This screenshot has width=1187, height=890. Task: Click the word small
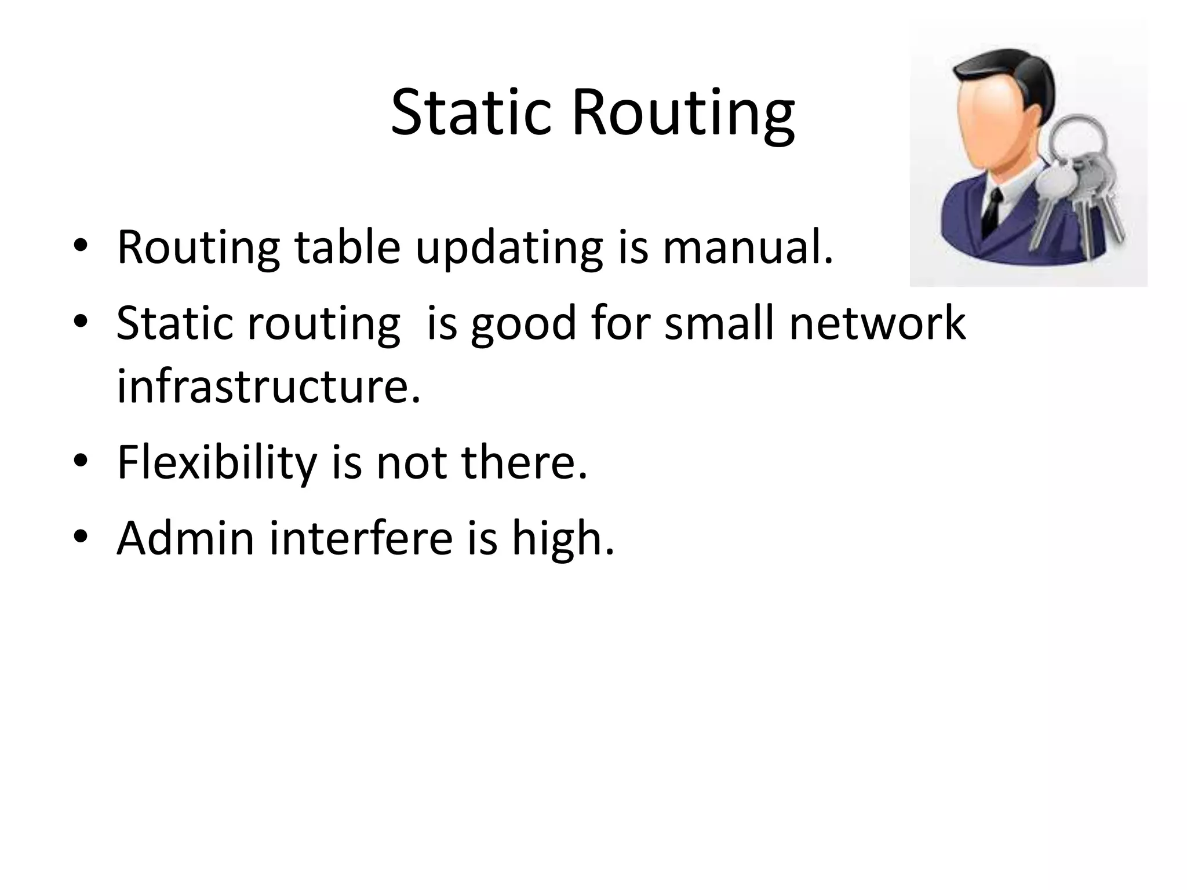click(x=719, y=323)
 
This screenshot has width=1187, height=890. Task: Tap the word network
click(x=877, y=323)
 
